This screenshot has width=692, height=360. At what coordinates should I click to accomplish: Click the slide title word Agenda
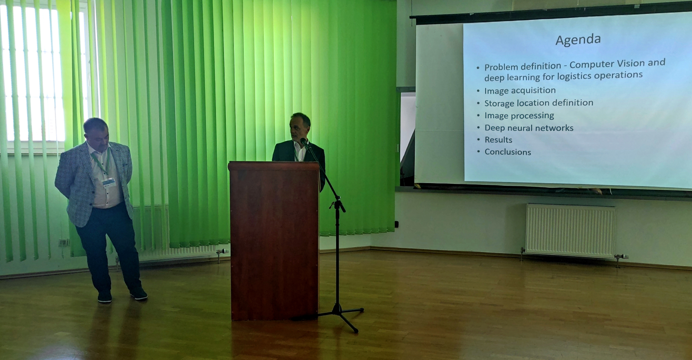click(578, 40)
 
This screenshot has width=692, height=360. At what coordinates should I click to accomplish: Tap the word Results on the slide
click(498, 140)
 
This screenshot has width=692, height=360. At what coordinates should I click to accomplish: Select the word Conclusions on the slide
click(508, 152)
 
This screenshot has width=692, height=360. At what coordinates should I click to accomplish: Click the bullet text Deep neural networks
click(529, 128)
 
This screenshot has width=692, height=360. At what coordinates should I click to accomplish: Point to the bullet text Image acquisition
click(520, 90)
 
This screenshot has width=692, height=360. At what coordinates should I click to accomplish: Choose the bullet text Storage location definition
click(538, 103)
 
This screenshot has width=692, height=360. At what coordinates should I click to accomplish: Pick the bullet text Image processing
click(519, 116)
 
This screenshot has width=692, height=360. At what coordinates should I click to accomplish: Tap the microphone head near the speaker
click(304, 143)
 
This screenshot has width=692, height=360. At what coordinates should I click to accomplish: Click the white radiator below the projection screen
click(570, 231)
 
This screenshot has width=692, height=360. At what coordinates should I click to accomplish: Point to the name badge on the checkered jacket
click(109, 182)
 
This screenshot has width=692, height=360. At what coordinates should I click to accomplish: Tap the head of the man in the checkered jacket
click(96, 132)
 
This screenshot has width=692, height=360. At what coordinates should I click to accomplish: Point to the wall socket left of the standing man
click(64, 242)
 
